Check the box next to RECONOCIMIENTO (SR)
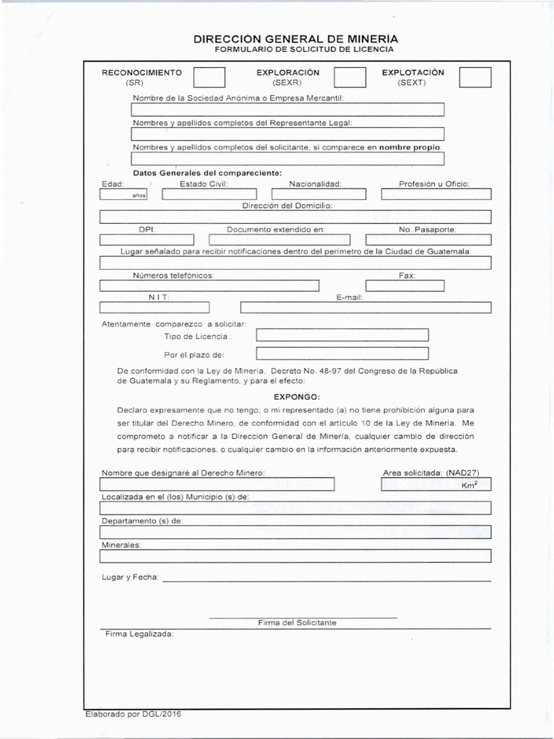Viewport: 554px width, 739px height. point(210,77)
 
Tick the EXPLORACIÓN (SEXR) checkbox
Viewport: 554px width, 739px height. point(351,77)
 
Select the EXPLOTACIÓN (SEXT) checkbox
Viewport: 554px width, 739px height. point(475,77)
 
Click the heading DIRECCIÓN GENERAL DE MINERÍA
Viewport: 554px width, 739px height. point(295,38)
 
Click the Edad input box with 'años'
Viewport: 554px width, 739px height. point(124,194)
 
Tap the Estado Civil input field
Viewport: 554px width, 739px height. point(209,194)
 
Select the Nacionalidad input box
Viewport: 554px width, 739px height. point(319,194)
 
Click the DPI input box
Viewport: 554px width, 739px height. point(146,240)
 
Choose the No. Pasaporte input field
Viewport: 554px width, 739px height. point(428,240)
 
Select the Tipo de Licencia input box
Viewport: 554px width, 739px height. point(343,335)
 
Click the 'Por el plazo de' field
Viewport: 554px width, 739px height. point(343,354)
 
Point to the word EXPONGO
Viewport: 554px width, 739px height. point(296,397)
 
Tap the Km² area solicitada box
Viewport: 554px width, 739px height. point(436,484)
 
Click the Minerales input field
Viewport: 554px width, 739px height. point(295,556)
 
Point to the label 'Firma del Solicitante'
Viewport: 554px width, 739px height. point(297,623)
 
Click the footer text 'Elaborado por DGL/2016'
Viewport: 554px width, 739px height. point(133,714)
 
